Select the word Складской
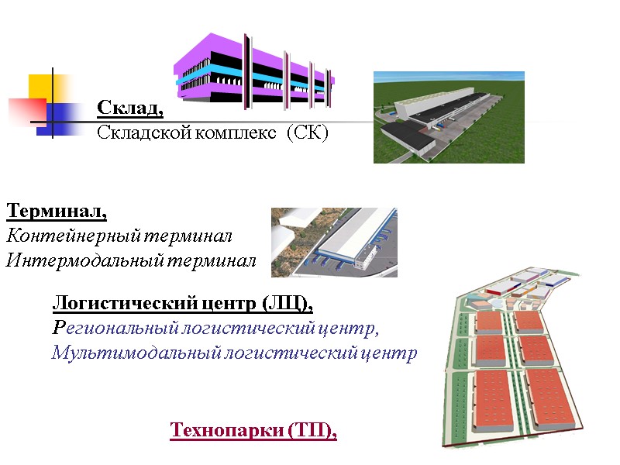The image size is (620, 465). tap(134, 133)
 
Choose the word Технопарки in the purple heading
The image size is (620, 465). tap(216, 430)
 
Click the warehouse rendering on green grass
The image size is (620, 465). tap(449, 117)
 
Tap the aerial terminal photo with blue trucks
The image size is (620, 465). tap(334, 242)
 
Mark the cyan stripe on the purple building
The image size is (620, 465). tap(225, 71)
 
